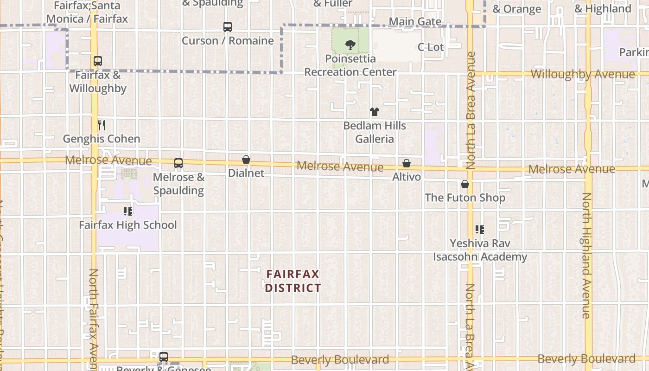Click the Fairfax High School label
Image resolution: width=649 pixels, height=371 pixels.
(128, 225)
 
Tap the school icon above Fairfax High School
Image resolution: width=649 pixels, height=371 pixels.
(128, 212)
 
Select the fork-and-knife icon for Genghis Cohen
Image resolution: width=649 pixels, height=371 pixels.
(102, 125)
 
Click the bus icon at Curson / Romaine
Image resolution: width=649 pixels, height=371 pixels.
(227, 27)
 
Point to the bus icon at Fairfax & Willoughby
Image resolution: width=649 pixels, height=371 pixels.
(97, 61)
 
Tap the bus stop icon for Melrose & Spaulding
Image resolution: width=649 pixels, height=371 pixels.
(178, 163)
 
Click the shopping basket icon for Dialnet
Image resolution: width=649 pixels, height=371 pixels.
(246, 160)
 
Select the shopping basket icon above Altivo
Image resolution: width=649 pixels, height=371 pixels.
(407, 163)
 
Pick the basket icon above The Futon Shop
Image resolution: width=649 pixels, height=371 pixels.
(465, 184)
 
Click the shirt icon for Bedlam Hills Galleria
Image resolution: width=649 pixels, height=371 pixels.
(375, 112)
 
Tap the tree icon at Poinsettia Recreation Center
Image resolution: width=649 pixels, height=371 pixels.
(350, 45)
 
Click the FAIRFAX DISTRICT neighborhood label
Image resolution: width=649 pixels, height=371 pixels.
(293, 281)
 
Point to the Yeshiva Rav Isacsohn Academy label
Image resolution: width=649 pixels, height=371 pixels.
(480, 250)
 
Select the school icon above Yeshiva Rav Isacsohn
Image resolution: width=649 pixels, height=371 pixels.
(480, 230)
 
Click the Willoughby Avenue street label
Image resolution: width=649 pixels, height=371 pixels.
(583, 74)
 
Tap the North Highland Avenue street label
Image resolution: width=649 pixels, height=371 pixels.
(586, 255)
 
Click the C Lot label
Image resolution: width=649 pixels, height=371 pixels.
(431, 47)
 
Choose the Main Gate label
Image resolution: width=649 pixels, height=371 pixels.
(415, 21)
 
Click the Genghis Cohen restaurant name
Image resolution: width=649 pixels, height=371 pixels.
(102, 139)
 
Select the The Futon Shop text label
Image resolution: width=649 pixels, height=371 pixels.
(465, 198)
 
